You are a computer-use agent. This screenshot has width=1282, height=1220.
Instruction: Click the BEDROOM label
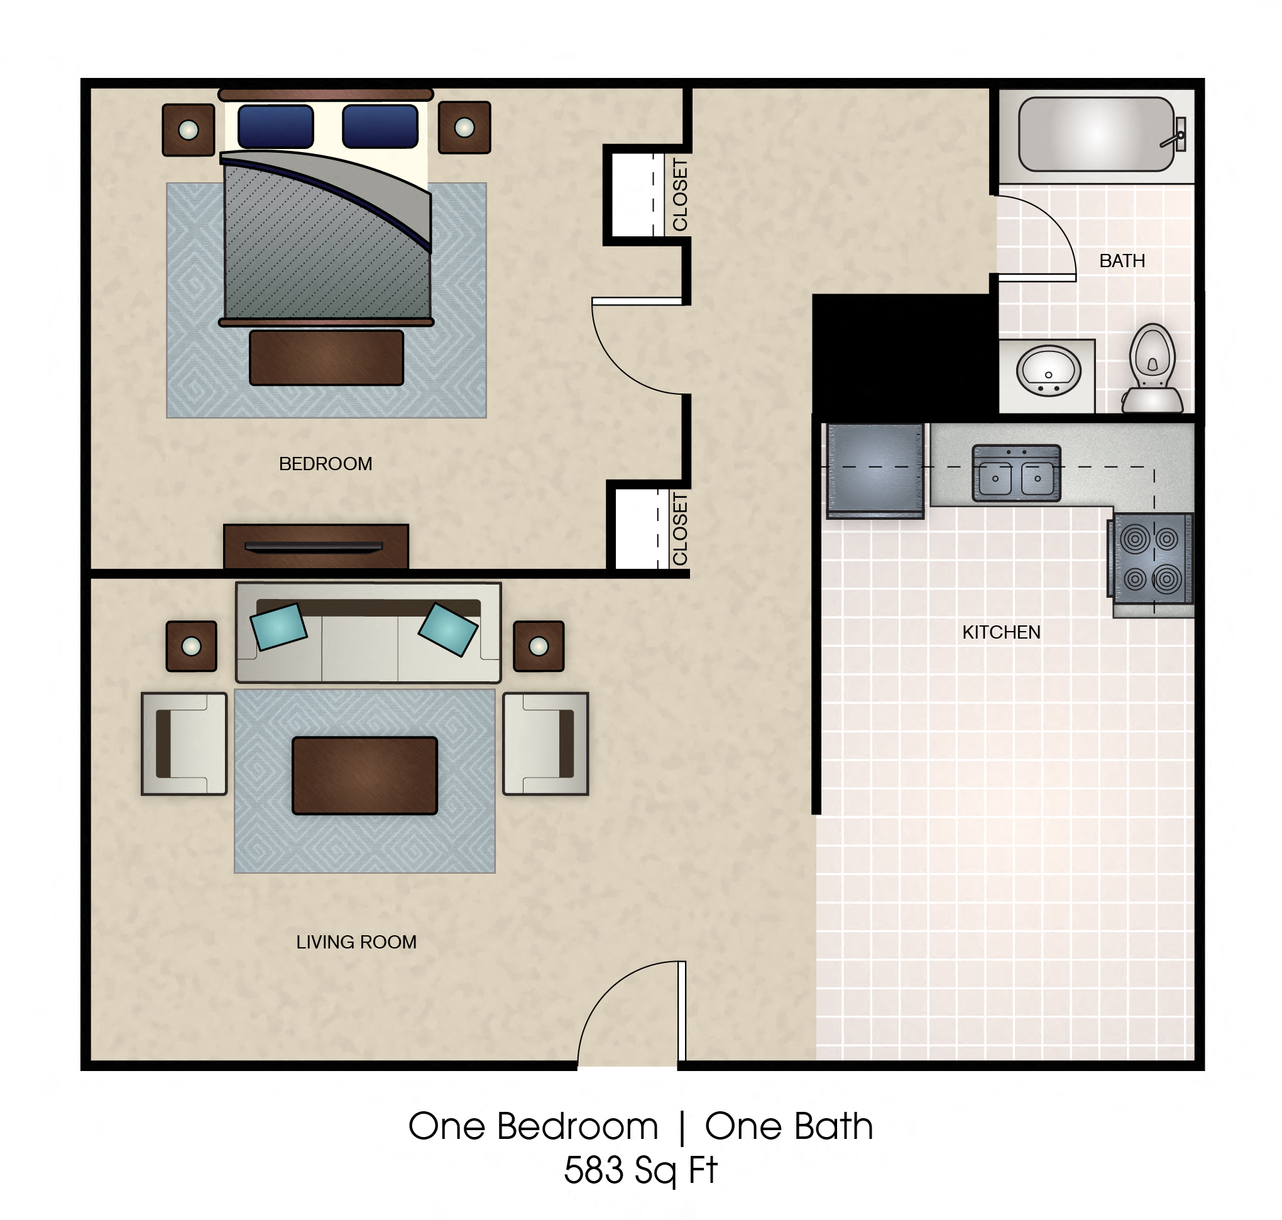pyautogui.click(x=325, y=464)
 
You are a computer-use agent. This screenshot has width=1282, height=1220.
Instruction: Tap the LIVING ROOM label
pyautogui.click(x=356, y=942)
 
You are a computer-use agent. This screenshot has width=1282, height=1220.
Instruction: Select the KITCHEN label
pyautogui.click(x=1000, y=632)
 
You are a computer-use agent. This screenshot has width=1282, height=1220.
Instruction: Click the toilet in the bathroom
pyautogui.click(x=1152, y=368)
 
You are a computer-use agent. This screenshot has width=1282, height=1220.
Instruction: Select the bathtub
pyautogui.click(x=1095, y=135)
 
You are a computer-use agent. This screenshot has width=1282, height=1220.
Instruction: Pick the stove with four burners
pyautogui.click(x=1151, y=558)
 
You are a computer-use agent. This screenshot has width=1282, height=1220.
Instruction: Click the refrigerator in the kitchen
pyautogui.click(x=874, y=470)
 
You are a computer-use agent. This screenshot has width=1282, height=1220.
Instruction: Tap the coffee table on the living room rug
pyautogui.click(x=364, y=775)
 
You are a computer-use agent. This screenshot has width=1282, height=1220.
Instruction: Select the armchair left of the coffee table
pyautogui.click(x=184, y=744)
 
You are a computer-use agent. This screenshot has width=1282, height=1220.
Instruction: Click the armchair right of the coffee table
pyautogui.click(x=545, y=744)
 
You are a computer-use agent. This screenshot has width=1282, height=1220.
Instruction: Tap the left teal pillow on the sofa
pyautogui.click(x=278, y=626)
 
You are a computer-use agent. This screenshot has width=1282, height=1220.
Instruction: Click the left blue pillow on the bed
pyautogui.click(x=276, y=127)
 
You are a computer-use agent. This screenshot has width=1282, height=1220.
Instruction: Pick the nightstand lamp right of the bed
pyautogui.click(x=464, y=128)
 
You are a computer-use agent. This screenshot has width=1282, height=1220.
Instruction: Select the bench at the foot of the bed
pyautogui.click(x=326, y=358)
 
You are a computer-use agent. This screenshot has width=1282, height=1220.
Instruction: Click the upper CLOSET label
pyautogui.click(x=679, y=195)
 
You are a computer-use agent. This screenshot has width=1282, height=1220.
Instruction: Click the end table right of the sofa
pyautogui.click(x=539, y=646)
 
